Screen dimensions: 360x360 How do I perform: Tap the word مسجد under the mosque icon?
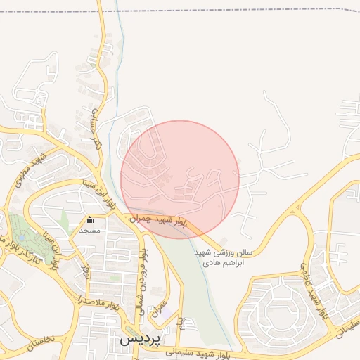(x=90, y=231)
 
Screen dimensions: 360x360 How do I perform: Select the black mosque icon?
(x=89, y=220)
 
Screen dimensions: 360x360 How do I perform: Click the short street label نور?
(x=86, y=269)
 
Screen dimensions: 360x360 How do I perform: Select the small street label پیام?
(x=180, y=324)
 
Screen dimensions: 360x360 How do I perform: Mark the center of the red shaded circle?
(x=180, y=179)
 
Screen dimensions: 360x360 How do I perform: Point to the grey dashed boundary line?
(x=246, y=12)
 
